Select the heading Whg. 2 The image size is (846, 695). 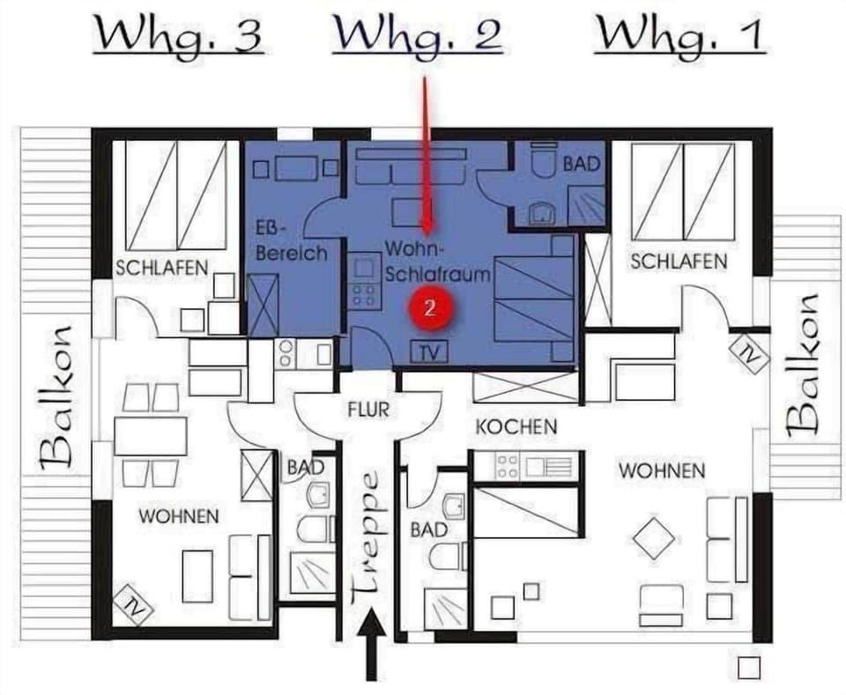[419, 35]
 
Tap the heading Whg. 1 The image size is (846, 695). [679, 35]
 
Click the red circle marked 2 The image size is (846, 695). [429, 307]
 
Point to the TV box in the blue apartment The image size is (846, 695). [429, 352]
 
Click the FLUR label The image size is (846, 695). [367, 410]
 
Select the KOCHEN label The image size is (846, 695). [516, 427]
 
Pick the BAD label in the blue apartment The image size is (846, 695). [581, 164]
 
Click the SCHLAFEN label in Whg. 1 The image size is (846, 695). [679, 262]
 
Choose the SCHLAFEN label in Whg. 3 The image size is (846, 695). [162, 268]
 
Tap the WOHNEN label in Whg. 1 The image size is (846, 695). [662, 470]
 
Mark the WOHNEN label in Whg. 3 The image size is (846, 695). [178, 516]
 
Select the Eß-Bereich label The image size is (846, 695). [290, 241]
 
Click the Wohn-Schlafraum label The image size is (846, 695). [436, 262]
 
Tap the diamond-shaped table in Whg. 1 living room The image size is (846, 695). [654, 536]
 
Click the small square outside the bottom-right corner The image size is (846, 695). [748, 667]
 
